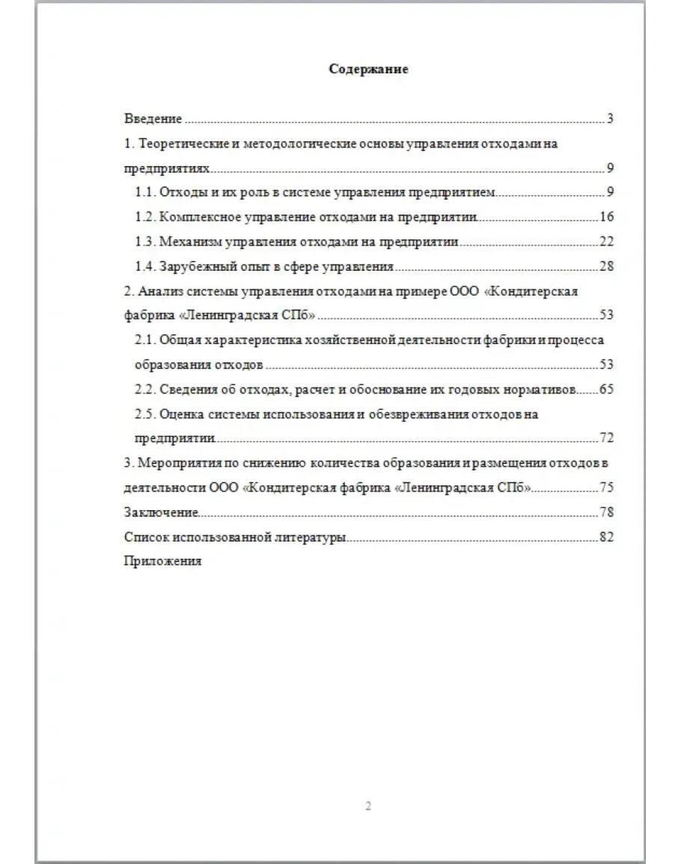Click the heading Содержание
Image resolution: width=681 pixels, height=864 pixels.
(x=369, y=70)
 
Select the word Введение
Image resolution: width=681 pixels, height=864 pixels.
(x=153, y=119)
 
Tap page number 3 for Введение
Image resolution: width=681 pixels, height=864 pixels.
(x=610, y=119)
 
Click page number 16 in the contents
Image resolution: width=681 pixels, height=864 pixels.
(x=606, y=218)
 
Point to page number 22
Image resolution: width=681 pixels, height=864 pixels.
(x=606, y=242)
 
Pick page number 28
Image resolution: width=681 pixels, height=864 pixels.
(x=606, y=267)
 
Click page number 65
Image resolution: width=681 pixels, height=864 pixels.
(x=606, y=390)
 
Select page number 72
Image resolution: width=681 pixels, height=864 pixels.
(x=606, y=438)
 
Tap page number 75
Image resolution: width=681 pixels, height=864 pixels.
(x=606, y=488)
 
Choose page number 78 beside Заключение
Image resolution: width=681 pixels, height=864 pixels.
(x=606, y=512)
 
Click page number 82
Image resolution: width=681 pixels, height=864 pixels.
(x=606, y=537)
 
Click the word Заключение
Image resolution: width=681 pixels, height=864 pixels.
(x=161, y=512)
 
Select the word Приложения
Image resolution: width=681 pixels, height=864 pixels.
(x=162, y=562)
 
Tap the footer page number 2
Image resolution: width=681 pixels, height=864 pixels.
(x=368, y=806)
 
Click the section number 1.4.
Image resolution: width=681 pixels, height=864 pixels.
(x=144, y=267)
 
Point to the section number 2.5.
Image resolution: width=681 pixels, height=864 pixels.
(x=144, y=414)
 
